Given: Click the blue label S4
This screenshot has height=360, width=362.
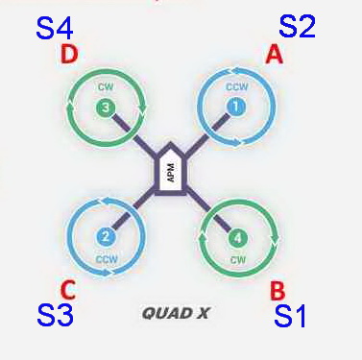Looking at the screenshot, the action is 55,29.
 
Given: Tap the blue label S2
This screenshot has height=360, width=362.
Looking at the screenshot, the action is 297,26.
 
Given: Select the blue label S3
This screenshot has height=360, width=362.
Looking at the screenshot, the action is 56,315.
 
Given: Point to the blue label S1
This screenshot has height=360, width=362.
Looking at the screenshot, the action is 290,316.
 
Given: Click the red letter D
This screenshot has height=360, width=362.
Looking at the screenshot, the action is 69,55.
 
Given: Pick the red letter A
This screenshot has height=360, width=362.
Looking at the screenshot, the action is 275,54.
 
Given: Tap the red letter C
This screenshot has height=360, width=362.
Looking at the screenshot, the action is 68,290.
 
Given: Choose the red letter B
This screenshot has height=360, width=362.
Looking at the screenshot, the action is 278,291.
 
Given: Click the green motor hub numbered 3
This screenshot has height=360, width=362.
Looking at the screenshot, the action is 106,108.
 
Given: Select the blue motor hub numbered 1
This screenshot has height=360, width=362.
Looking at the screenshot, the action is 236,107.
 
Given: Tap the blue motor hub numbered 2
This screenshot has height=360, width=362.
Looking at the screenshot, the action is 106,237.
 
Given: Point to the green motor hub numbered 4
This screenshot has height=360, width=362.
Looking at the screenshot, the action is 238,238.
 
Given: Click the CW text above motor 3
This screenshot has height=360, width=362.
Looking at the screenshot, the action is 106,86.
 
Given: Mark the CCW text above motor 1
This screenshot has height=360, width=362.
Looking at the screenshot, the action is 237,86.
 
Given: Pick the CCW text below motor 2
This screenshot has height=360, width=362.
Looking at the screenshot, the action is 107,258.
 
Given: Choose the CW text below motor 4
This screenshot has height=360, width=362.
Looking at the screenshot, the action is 238,259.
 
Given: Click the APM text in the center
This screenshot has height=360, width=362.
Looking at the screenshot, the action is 171,173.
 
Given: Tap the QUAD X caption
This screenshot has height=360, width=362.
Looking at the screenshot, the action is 176,313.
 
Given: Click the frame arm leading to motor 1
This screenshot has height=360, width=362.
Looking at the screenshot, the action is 208,132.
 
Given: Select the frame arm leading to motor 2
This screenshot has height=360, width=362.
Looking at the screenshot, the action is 133,208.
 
